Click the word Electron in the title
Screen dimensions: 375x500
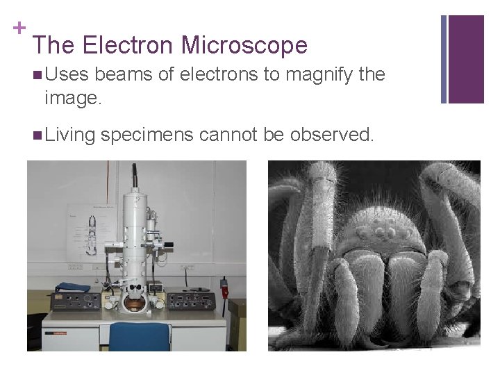pos(127,46)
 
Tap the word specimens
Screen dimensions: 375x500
pos(147,135)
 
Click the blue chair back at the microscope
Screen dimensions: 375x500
pos(140,337)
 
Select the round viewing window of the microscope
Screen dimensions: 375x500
pos(134,303)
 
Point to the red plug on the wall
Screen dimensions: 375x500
pos(224,284)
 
